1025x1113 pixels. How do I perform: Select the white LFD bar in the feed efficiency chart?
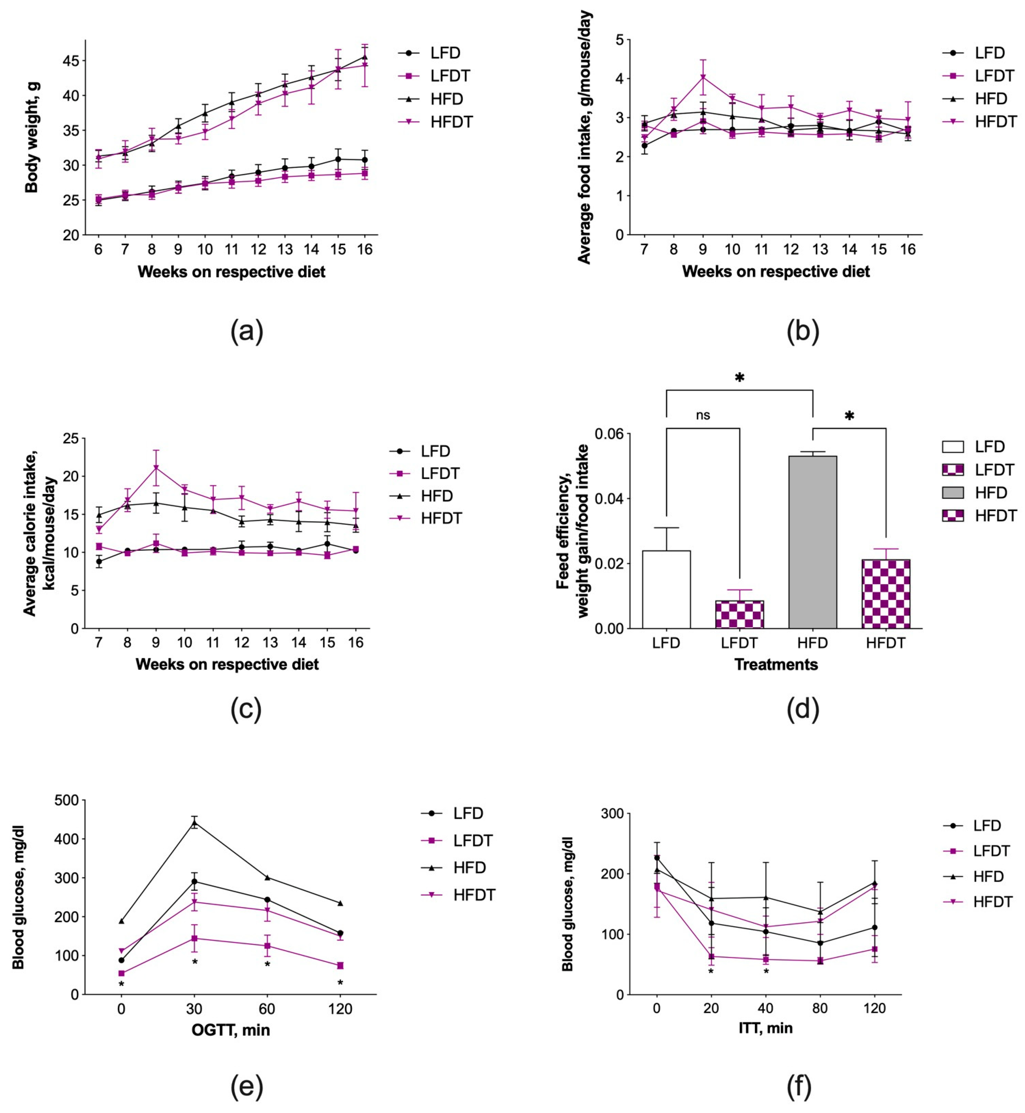point(666,589)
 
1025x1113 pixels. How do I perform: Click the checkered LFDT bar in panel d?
point(739,614)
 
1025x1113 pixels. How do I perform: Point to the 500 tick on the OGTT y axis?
point(67,800)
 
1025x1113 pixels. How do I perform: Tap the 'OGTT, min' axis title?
point(231,1030)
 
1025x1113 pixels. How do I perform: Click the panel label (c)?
point(246,709)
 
